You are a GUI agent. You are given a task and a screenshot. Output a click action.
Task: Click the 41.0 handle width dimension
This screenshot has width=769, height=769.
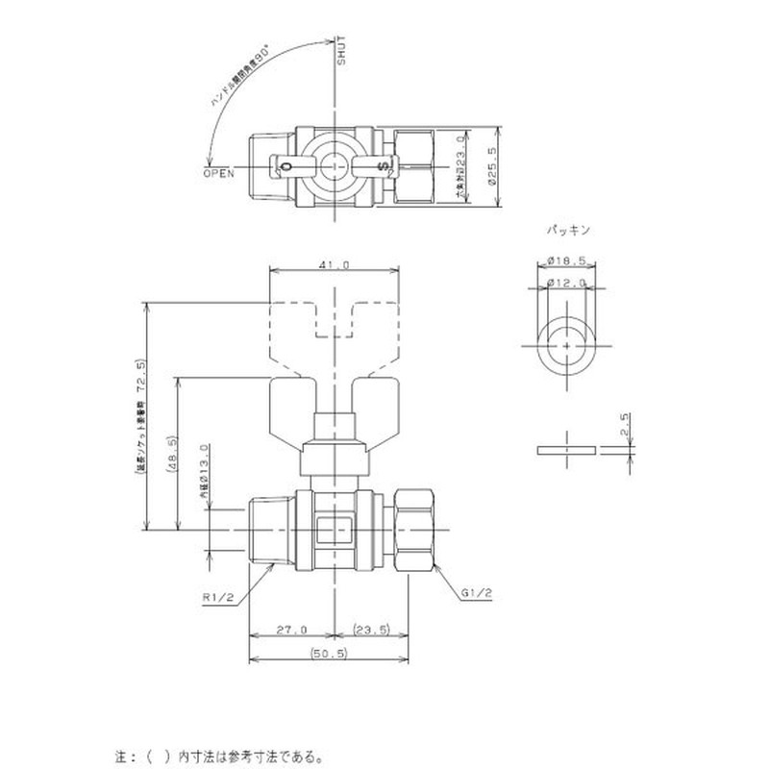[333, 264]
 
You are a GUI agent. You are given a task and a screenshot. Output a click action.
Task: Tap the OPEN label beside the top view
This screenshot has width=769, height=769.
[219, 173]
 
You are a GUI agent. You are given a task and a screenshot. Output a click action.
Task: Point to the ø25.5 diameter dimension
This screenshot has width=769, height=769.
[491, 165]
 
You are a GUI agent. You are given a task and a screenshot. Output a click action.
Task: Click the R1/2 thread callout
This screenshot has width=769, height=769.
[219, 597]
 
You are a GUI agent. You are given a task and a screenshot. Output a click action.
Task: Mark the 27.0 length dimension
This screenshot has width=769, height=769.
[292, 630]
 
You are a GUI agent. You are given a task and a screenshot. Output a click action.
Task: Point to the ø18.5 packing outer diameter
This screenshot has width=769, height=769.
[566, 260]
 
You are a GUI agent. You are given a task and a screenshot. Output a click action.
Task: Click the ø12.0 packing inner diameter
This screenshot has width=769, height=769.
[566, 282]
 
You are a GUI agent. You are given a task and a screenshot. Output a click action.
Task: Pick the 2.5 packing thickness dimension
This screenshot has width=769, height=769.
[624, 426]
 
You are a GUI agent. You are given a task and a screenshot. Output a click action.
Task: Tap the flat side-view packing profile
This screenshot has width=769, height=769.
[567, 450]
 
